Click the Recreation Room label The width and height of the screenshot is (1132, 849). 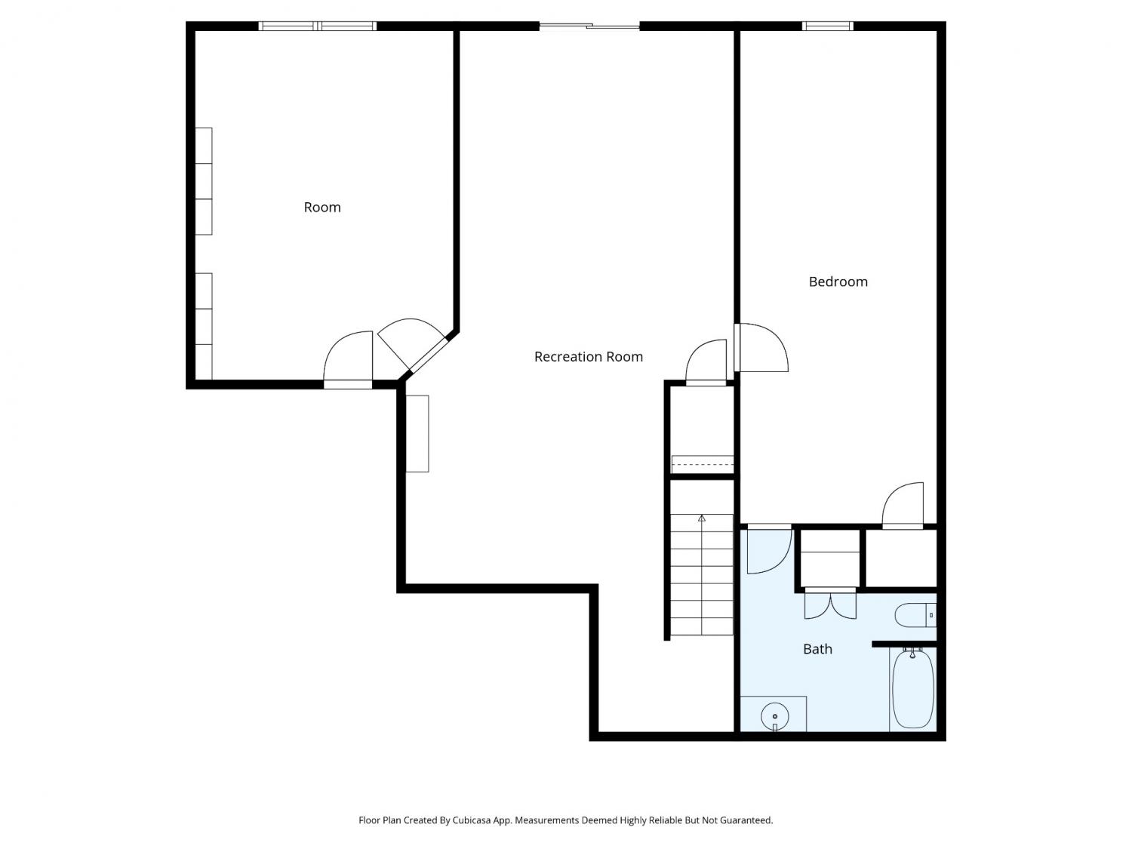[588, 357]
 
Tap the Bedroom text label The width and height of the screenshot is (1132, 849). [838, 281]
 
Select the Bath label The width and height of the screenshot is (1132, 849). [817, 649]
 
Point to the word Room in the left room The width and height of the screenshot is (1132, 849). [322, 208]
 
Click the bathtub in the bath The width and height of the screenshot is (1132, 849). [912, 688]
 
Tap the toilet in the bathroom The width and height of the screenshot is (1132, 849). [915, 616]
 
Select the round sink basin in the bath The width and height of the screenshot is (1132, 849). [774, 716]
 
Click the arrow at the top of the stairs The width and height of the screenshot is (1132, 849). [701, 518]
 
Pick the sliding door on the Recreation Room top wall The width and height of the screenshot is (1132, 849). [589, 26]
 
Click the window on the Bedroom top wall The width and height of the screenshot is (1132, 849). [827, 26]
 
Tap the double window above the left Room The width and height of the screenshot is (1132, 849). [317, 26]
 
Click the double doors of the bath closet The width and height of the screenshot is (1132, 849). [830, 604]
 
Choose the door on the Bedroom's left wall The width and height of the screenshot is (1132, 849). [761, 347]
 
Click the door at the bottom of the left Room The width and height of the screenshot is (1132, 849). [348, 359]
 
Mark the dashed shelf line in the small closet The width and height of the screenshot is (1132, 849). [702, 464]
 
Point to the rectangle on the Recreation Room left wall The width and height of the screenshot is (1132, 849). [417, 433]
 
